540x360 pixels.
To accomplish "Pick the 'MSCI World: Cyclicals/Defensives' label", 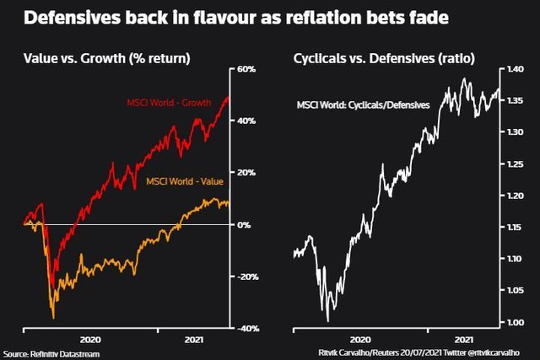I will pyautogui.click(x=363, y=105).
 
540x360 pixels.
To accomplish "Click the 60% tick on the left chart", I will pyautogui.click(x=246, y=68).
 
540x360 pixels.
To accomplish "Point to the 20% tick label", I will pyautogui.click(x=246, y=173).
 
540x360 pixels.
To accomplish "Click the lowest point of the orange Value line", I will pyautogui.click(x=54, y=318).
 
